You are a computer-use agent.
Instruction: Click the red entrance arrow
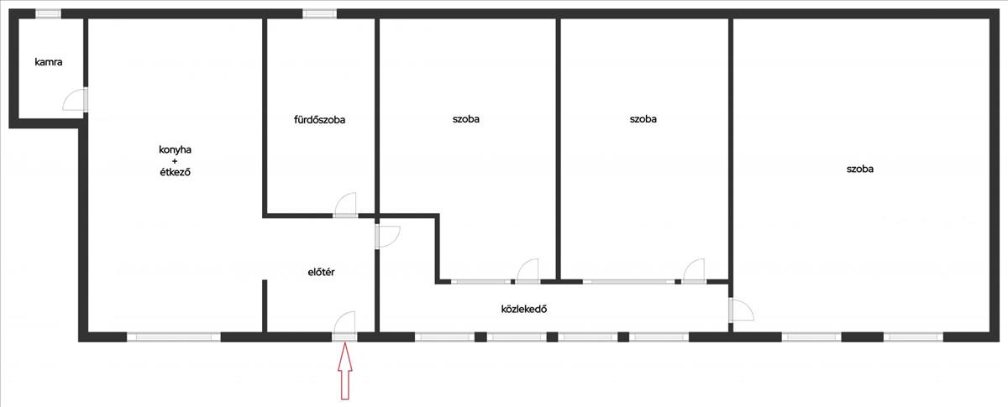343,373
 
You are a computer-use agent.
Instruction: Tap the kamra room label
49,62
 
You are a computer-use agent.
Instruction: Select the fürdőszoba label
319,120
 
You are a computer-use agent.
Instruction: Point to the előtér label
322,272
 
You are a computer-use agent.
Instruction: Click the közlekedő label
524,308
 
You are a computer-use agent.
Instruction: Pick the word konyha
175,149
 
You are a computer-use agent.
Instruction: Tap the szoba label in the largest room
859,169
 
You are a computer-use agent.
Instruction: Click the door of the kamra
76,100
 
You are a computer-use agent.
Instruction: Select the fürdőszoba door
345,206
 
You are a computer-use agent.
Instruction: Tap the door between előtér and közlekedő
387,236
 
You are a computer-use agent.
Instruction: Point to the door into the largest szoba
739,310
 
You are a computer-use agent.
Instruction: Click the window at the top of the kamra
48,13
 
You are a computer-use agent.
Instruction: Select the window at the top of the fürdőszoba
319,13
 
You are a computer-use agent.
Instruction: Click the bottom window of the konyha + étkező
173,337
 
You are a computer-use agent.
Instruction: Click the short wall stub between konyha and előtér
264,305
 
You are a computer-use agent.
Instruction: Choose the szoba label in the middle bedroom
643,119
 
